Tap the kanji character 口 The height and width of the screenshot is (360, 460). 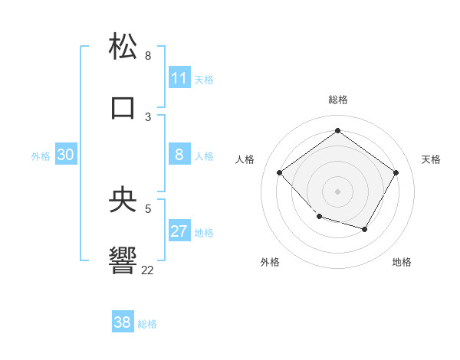coord(123,107)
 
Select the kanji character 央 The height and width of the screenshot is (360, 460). coord(123,199)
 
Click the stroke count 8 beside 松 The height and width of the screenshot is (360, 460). coord(148,56)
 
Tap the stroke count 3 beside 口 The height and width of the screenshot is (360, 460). coord(148,117)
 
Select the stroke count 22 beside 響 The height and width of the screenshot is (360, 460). coord(147,270)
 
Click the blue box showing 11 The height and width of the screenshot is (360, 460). coord(179,78)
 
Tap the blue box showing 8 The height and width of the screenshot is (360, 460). coord(179,155)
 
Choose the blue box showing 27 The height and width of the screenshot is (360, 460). coord(179,231)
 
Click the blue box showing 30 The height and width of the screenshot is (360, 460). coord(66,155)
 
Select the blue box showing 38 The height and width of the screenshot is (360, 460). coord(123,322)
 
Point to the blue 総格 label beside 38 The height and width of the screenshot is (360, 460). coord(148,324)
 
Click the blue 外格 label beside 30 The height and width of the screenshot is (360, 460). coord(41,156)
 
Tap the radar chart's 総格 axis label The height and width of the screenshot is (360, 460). coord(337,100)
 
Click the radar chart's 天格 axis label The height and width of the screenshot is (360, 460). coord(431,159)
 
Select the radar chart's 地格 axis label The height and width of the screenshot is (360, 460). coord(402,262)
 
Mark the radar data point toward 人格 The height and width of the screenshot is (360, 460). coord(280,173)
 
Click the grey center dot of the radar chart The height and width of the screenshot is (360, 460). coord(337,191)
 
